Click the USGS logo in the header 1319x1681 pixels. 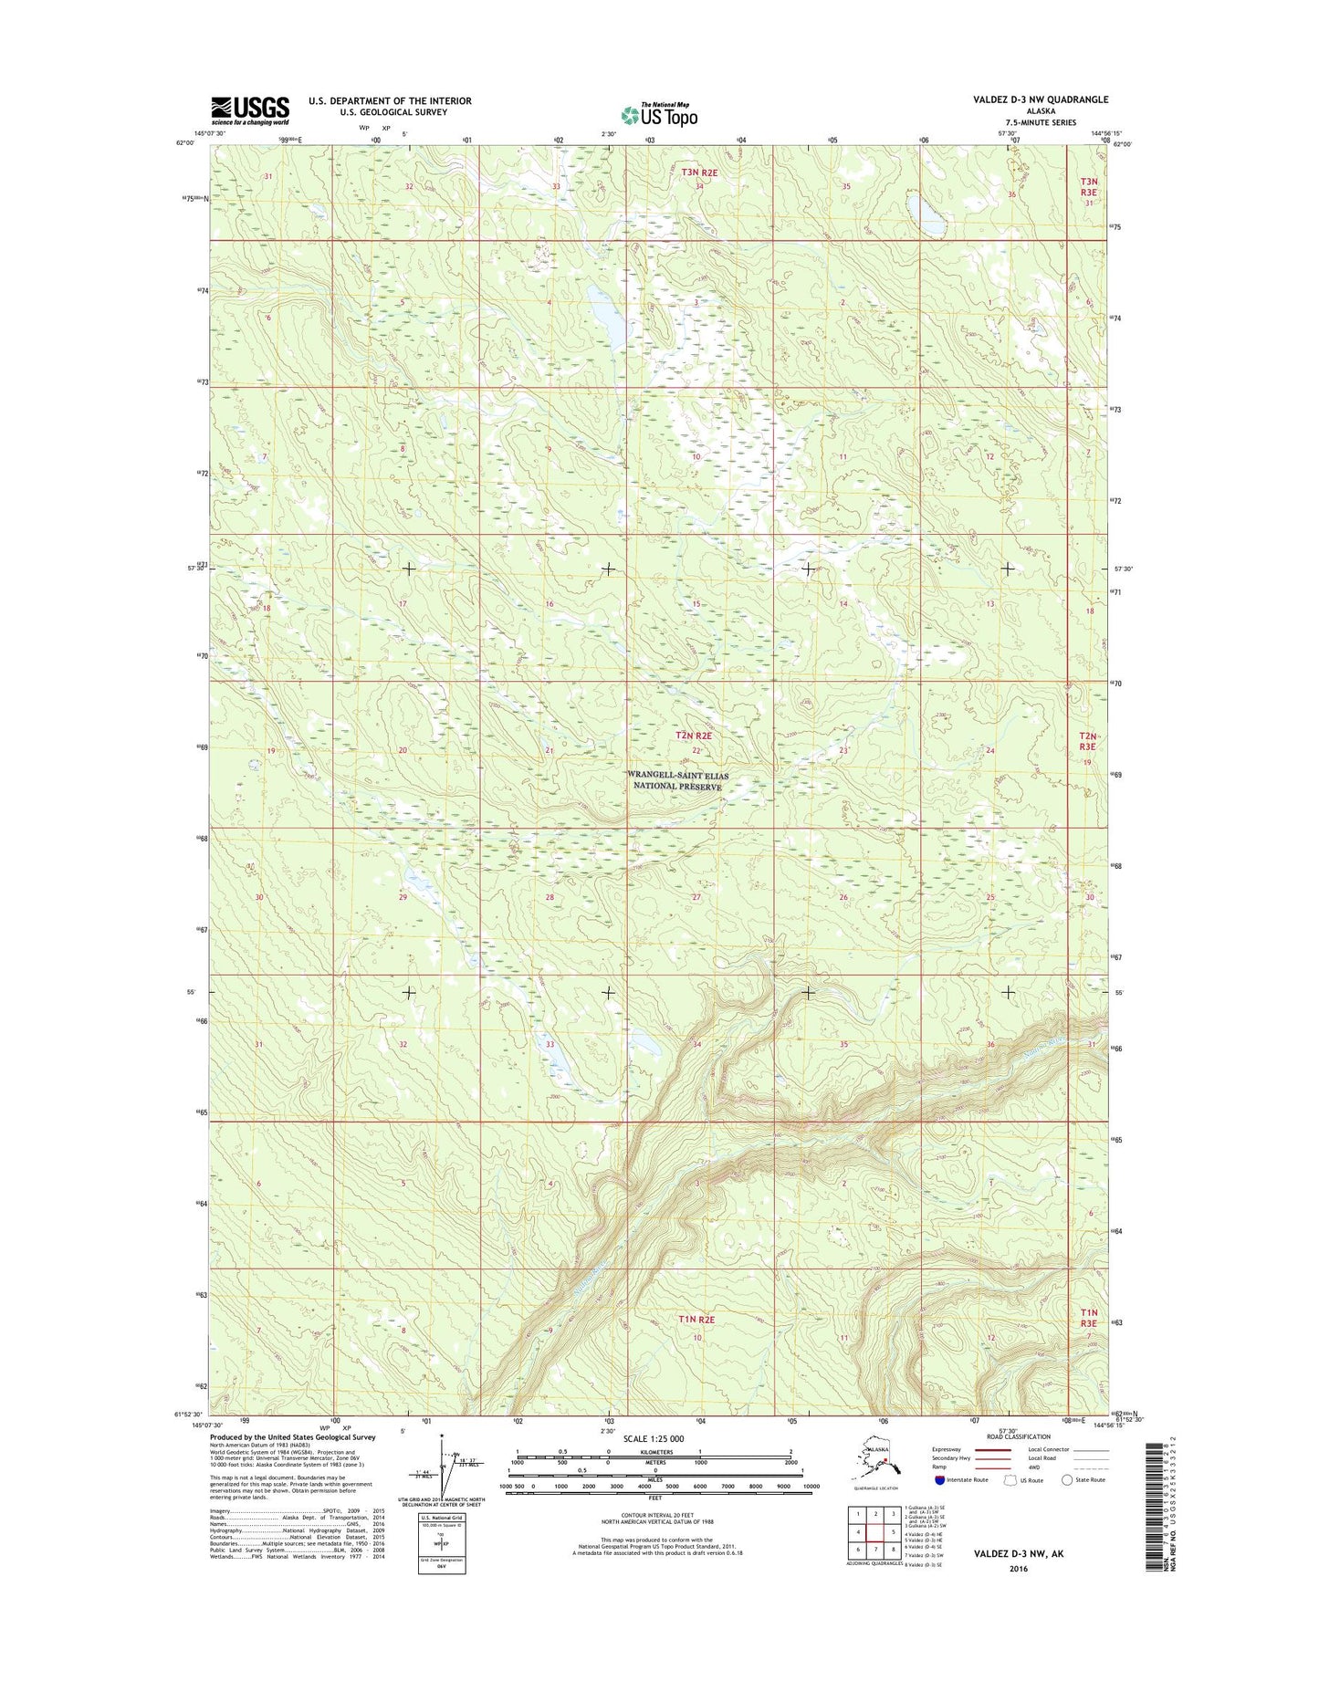point(250,110)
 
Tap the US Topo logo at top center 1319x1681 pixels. point(659,115)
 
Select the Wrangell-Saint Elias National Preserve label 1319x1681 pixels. point(678,781)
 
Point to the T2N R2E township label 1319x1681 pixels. point(693,735)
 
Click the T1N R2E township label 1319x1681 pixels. point(696,1319)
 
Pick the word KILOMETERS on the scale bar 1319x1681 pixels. point(654,1452)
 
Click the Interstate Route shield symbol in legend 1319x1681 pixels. point(939,1480)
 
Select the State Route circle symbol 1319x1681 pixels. point(1067,1480)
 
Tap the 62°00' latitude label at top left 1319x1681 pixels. point(184,142)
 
